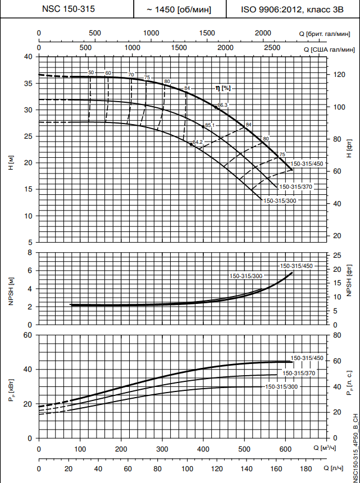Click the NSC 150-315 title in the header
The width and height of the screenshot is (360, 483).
click(68, 9)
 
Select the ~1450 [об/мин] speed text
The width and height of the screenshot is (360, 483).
click(179, 9)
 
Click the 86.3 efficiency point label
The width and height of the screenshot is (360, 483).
click(223, 105)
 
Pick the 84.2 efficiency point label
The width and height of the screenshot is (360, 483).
click(198, 142)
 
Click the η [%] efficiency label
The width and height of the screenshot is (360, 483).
click(223, 88)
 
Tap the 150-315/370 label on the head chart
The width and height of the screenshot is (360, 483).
click(295, 186)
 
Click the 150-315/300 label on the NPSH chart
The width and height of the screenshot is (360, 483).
click(245, 276)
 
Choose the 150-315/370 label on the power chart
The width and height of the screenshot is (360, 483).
click(298, 373)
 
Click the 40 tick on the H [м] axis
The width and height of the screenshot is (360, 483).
click(29, 57)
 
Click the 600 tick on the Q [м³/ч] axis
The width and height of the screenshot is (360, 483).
click(285, 449)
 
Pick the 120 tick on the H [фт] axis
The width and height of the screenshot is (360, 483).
click(338, 75)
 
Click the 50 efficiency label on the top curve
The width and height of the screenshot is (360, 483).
click(91, 73)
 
